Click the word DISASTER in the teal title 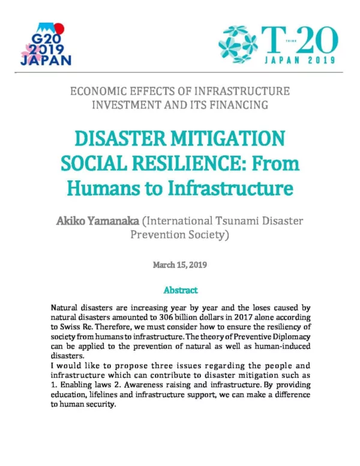point(124,140)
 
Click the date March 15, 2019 point(180,264)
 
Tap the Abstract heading point(180,290)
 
